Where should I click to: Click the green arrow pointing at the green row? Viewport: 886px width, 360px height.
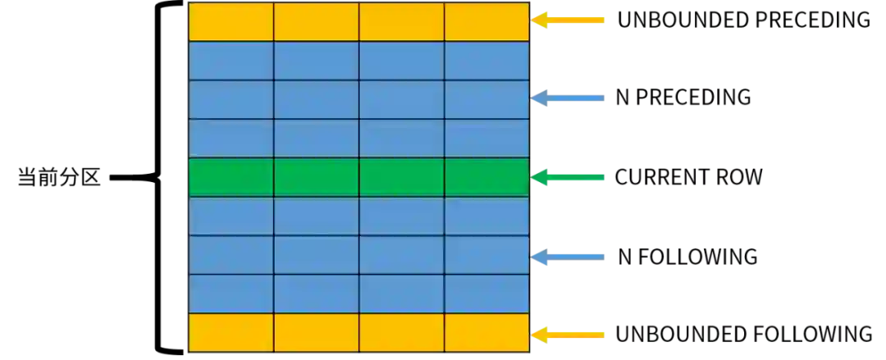click(570, 177)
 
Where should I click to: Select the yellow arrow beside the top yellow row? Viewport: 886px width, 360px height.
click(570, 20)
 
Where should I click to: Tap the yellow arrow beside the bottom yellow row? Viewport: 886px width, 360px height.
click(570, 335)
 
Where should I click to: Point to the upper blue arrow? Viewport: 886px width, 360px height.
click(570, 98)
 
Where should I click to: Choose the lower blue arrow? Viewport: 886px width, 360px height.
click(570, 256)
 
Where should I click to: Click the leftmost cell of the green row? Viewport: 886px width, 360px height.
click(231, 177)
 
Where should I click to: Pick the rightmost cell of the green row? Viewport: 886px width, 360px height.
click(486, 177)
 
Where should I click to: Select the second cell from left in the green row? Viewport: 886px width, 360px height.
click(317, 177)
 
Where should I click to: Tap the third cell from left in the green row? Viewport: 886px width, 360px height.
click(402, 177)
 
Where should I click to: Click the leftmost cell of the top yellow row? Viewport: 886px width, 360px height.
click(231, 21)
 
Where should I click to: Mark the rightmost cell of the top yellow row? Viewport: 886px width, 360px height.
click(486, 21)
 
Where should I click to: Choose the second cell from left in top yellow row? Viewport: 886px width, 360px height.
click(317, 21)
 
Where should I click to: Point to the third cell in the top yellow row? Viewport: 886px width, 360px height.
click(402, 21)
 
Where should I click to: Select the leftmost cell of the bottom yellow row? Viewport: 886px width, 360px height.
click(231, 332)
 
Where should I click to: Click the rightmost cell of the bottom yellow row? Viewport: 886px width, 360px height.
click(486, 332)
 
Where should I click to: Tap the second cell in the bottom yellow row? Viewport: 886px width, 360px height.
click(317, 332)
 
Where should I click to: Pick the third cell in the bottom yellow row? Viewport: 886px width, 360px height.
click(402, 332)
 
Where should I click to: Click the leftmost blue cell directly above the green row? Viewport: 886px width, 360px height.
click(231, 138)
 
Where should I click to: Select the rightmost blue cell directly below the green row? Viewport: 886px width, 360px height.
click(486, 216)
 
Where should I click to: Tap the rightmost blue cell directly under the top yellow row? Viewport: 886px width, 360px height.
click(486, 61)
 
